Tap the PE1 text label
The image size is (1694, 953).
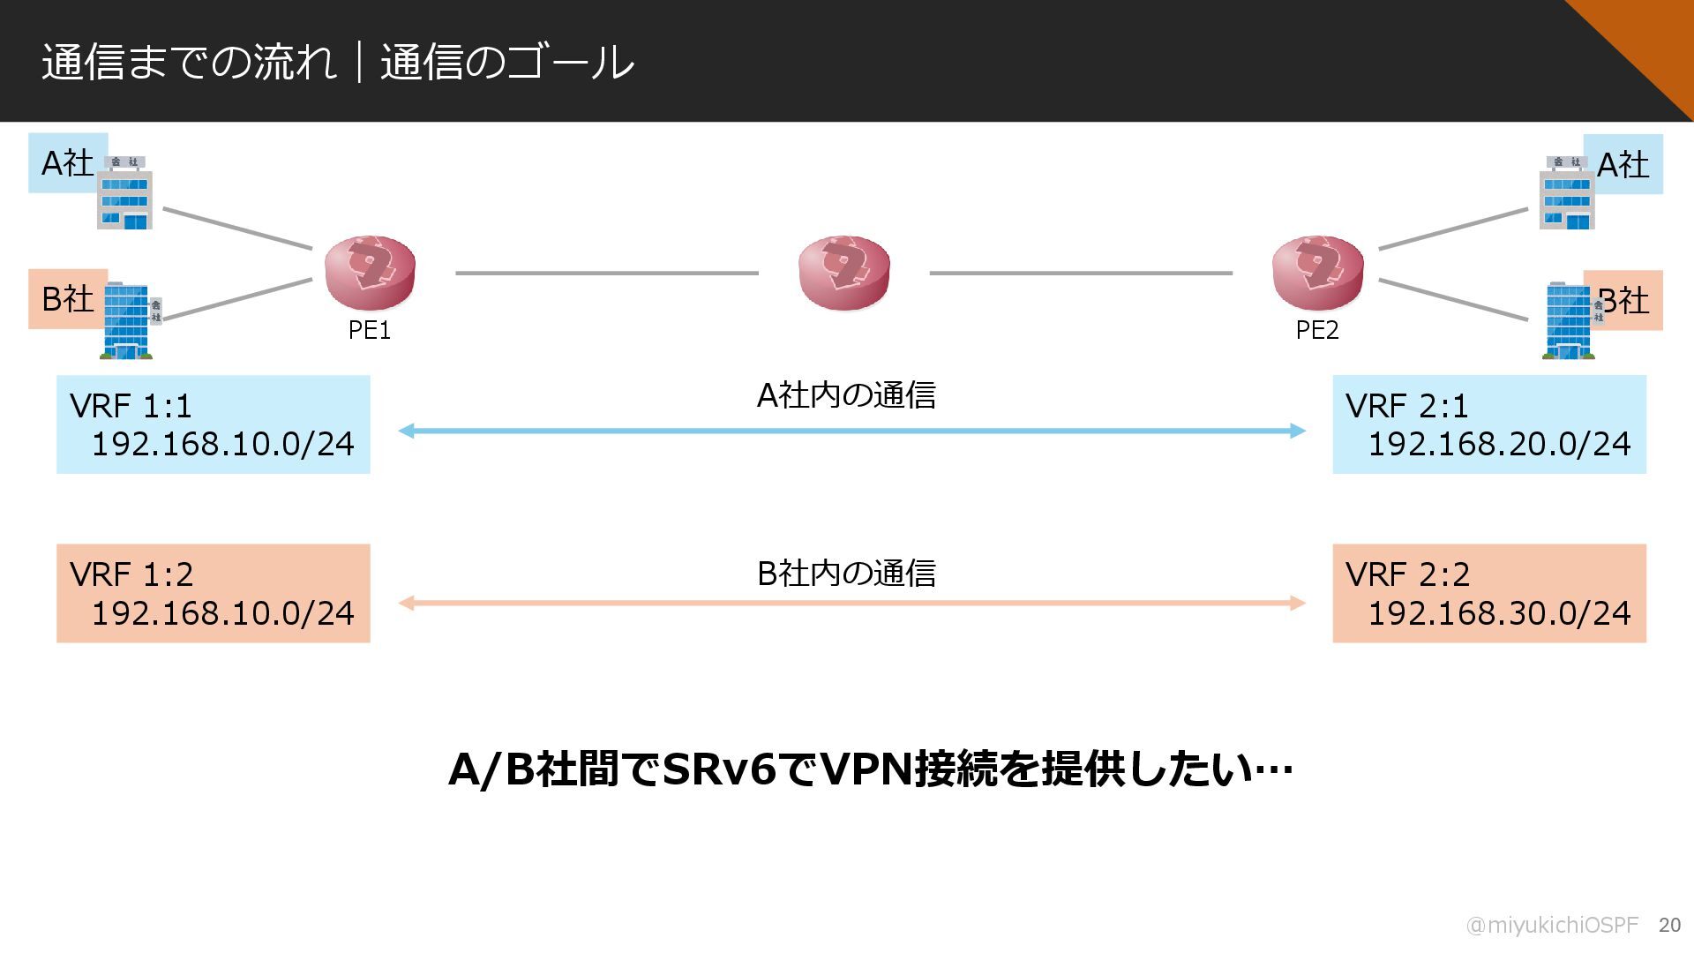[x=370, y=330]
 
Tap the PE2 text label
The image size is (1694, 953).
[x=1317, y=330]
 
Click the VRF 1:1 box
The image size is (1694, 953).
[x=213, y=424]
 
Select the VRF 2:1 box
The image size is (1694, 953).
[x=1488, y=424]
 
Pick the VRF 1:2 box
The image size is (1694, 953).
[x=213, y=593]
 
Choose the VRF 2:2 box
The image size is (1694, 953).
[x=1488, y=593]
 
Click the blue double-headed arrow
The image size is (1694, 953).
[x=851, y=431]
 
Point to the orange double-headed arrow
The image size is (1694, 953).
[x=851, y=603]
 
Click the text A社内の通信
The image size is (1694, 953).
[x=846, y=395]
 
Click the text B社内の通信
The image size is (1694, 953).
[x=846, y=574]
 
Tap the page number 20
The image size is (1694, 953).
[x=1669, y=925]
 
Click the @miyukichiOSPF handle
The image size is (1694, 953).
[x=1551, y=925]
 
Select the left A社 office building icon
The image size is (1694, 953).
[x=124, y=193]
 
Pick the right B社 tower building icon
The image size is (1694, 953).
[x=1569, y=320]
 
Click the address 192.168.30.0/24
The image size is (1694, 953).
[x=1499, y=612]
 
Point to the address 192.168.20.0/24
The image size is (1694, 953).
[x=1499, y=443]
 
